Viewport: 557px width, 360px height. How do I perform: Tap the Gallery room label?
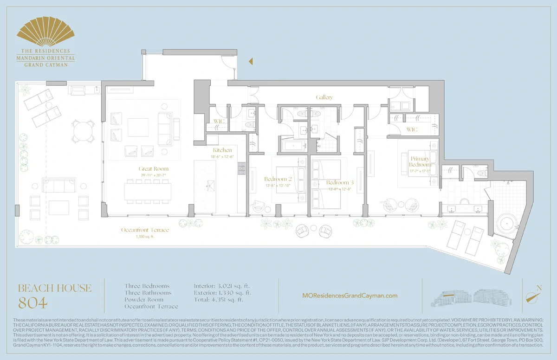[x=324, y=97]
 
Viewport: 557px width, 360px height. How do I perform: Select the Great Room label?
[x=153, y=169]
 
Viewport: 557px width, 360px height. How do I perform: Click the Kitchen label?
[x=222, y=150]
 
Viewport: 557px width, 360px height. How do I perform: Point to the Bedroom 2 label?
[x=278, y=179]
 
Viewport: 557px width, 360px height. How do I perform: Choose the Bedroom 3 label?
[x=340, y=182]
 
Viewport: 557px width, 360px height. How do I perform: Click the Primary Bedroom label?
[x=420, y=161]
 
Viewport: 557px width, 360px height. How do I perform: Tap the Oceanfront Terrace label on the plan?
[x=145, y=230]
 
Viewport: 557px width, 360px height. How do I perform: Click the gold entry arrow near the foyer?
[x=250, y=61]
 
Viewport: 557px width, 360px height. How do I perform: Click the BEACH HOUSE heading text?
[x=54, y=288]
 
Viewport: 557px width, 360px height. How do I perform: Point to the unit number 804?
[x=32, y=303]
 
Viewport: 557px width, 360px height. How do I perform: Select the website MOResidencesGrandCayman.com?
[x=350, y=296]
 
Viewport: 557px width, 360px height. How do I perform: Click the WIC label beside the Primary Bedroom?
[x=412, y=129]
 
